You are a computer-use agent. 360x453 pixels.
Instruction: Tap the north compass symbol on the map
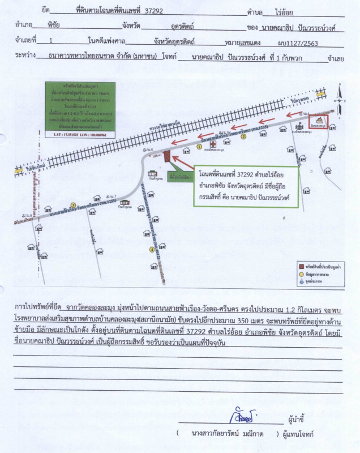[x=338, y=89]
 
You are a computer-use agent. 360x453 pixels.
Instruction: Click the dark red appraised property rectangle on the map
[x=167, y=155]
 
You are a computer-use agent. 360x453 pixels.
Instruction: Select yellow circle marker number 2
[x=244, y=136]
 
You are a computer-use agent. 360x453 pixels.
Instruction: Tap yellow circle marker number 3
[x=72, y=204]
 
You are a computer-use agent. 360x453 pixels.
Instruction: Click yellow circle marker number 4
[x=151, y=249]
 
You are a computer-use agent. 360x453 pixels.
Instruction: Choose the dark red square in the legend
[x=302, y=265]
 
